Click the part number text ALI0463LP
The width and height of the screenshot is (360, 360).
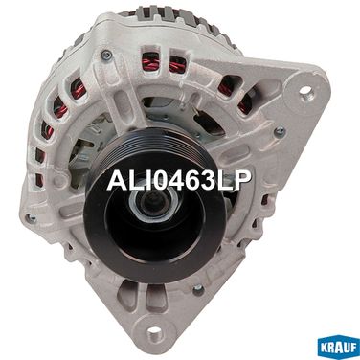[x=179, y=180]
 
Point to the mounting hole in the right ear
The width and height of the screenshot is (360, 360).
[x=305, y=91]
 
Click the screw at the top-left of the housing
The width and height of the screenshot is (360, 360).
[x=106, y=55]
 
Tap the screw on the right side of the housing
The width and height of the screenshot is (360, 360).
[x=280, y=131]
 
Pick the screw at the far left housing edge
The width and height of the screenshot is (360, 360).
[x=32, y=218]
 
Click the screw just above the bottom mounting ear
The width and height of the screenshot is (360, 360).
[x=198, y=289]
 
